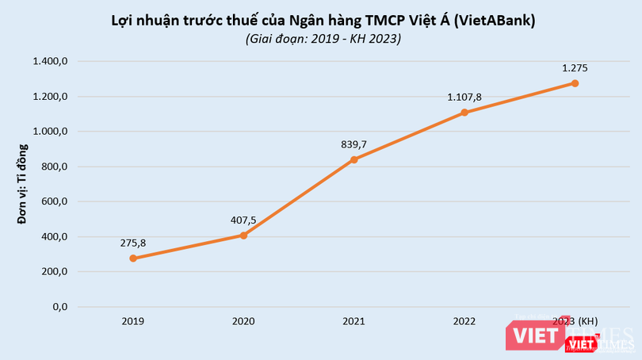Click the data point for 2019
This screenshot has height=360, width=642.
point(133,259)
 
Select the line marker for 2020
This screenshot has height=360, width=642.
point(243,236)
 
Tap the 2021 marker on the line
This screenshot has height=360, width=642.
point(353,159)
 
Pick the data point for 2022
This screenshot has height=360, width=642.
point(464,113)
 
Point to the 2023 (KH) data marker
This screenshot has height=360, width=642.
point(575,83)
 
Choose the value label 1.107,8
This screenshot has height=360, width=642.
point(464,97)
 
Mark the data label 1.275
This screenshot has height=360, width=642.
point(575,68)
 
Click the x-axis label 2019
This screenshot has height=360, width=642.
point(133,321)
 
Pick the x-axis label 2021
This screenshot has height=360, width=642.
point(353,321)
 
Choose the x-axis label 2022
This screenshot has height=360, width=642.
point(464,321)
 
